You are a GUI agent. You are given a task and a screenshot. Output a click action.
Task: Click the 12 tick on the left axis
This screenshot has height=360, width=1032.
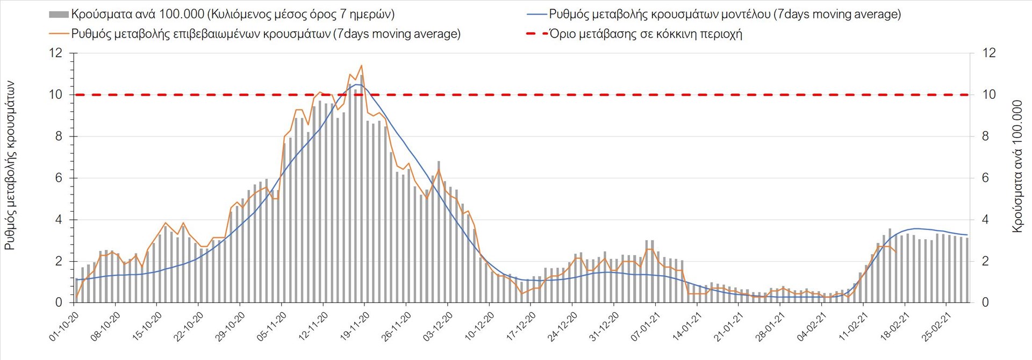pos(56,53)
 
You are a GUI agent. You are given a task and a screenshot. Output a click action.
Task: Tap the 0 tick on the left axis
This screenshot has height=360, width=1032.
pos(59,303)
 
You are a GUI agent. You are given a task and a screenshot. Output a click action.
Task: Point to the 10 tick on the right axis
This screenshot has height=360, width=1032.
pos(989,95)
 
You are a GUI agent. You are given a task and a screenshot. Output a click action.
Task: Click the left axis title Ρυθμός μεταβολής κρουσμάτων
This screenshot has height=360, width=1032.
pos(10,165)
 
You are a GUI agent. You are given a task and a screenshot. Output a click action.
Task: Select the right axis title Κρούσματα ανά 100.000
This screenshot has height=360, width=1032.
pos(1017,166)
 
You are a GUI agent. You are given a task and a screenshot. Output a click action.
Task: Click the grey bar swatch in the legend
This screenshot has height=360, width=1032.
pos(59,15)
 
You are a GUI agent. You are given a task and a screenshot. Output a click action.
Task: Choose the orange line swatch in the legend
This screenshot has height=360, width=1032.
pos(59,34)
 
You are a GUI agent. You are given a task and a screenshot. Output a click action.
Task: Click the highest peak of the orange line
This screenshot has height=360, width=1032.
pos(361,66)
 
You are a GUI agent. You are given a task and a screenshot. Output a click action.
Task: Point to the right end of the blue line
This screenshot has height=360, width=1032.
pos(967,235)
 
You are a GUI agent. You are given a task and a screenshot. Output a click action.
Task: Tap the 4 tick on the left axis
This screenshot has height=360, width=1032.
pos(59,220)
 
